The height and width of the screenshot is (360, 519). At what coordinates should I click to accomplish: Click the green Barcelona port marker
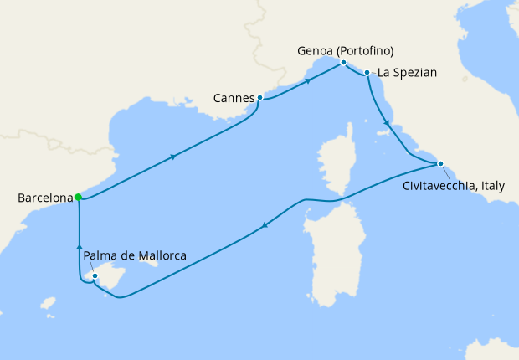[x=78, y=198]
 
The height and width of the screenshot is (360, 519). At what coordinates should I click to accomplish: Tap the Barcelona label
[x=44, y=198]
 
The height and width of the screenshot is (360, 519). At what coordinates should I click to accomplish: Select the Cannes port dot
[x=260, y=98]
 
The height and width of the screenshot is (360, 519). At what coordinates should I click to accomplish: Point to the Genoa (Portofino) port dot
[x=343, y=63]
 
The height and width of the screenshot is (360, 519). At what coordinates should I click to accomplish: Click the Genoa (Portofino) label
[x=345, y=50]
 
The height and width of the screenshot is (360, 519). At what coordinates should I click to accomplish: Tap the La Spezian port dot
[x=367, y=74]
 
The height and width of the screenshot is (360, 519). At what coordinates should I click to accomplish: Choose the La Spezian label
[x=408, y=73]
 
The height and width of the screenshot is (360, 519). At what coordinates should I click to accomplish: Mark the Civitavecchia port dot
[x=440, y=163]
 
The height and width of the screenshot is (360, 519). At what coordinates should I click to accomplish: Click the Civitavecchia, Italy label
[x=454, y=186]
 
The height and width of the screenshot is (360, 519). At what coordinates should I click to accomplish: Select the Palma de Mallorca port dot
[x=96, y=275]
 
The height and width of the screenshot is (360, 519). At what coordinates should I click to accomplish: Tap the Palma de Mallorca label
[x=135, y=255]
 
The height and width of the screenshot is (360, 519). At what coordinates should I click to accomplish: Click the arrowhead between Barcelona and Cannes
[x=173, y=157]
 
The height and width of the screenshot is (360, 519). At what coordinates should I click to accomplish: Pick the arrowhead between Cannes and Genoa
[x=308, y=81]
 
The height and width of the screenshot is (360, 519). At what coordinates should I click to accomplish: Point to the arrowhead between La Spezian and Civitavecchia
[x=386, y=124]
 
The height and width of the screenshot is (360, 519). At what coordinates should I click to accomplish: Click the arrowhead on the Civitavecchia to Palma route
[x=265, y=224]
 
